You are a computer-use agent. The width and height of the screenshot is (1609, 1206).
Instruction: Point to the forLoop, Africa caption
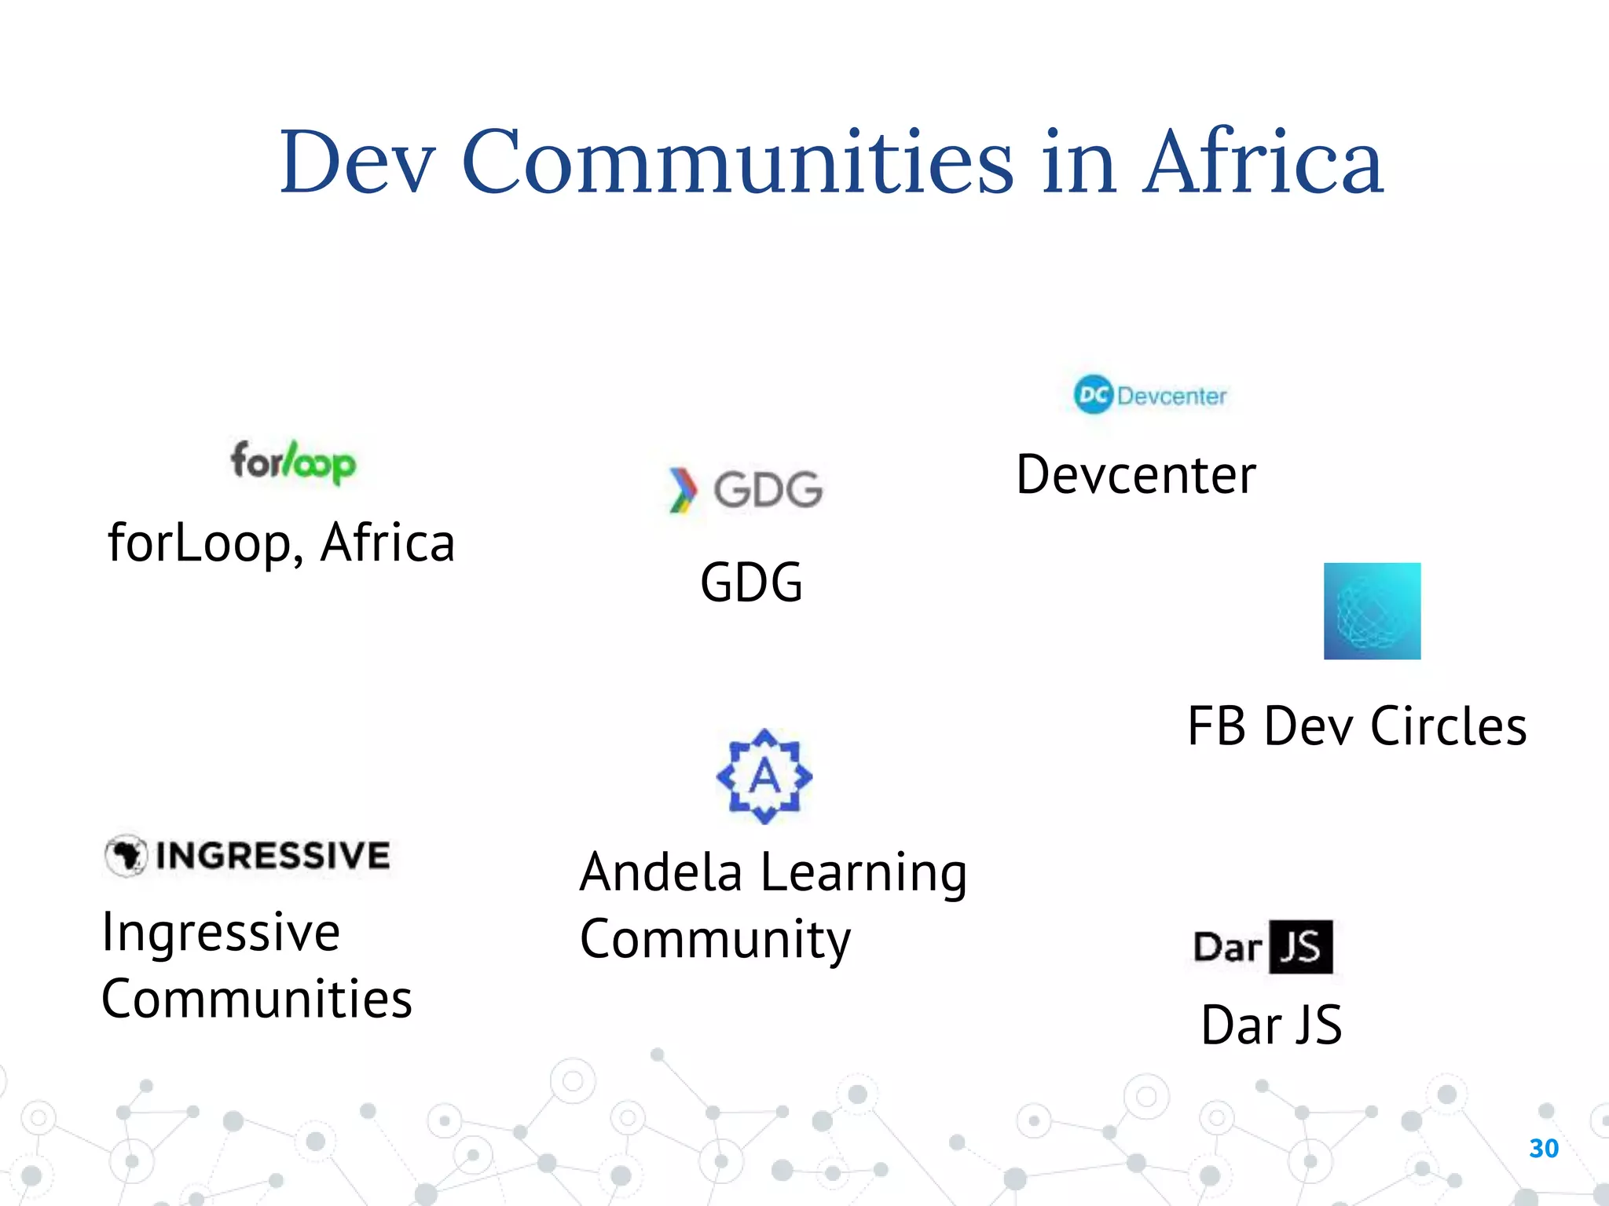point(281,543)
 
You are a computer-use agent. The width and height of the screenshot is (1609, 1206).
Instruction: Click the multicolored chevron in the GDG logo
point(682,489)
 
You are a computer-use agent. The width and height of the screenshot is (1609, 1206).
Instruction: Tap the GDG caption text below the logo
point(751,583)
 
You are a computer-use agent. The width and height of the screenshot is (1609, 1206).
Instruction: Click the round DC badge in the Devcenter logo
point(1093,394)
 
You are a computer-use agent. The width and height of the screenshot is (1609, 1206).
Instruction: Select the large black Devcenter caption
point(1136,475)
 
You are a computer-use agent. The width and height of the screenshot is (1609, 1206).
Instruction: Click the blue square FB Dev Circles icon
point(1372,611)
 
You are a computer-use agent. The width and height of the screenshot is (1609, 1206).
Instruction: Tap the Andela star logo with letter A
point(764,776)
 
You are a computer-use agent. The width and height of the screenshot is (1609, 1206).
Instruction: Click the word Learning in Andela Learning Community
point(864,873)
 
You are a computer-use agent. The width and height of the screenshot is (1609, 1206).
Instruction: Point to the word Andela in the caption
point(661,873)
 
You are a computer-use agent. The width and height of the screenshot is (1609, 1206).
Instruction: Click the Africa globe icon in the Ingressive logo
point(126,855)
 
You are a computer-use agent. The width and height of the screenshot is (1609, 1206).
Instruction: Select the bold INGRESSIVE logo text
point(273,855)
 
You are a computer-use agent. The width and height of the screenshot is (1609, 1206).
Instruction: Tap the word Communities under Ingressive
point(257,999)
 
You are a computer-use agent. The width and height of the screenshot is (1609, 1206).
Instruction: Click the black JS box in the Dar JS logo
point(1301,946)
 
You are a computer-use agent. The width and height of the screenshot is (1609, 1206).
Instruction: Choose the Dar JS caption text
point(1271,1025)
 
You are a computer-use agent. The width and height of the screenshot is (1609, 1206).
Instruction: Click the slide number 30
point(1544,1148)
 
